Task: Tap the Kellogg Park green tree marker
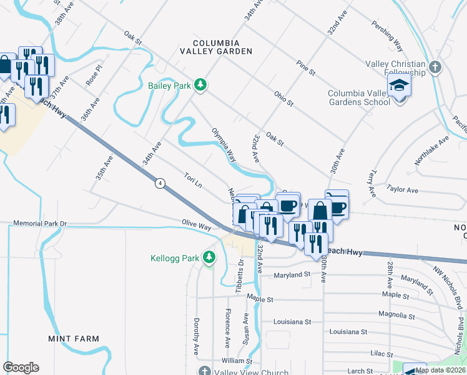(210, 257)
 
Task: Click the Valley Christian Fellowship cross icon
(435, 66)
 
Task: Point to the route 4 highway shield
(160, 182)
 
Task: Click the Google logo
(21, 367)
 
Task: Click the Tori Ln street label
(193, 181)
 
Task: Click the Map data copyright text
(440, 370)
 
